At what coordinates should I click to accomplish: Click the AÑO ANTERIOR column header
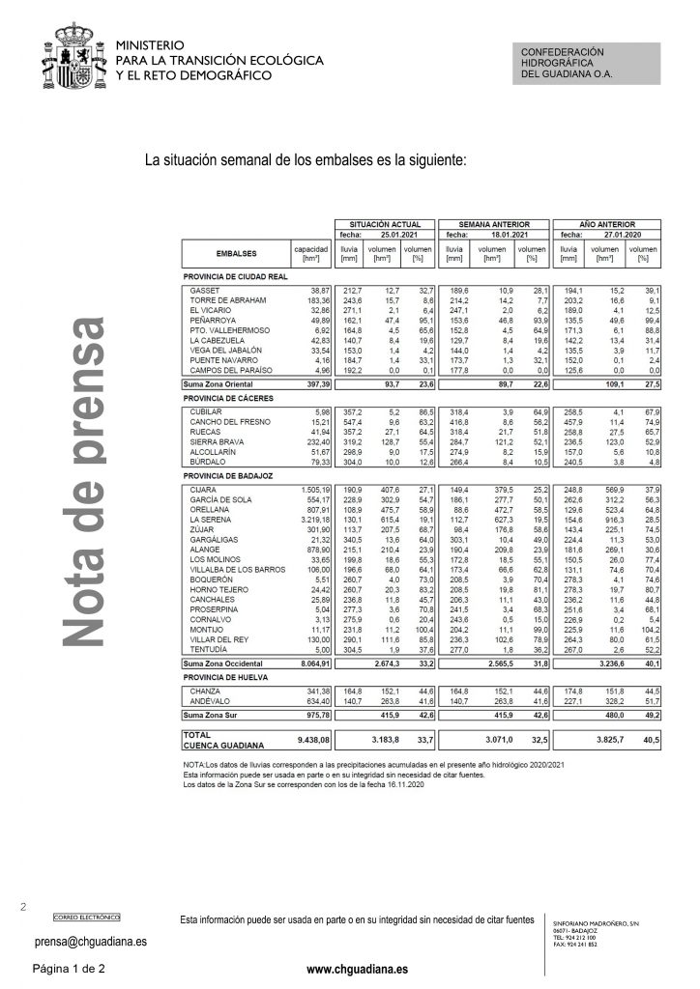pyautogui.click(x=605, y=223)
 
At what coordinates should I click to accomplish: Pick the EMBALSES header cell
pyautogui.click(x=236, y=253)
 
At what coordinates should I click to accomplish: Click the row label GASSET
pyautogui.click(x=205, y=291)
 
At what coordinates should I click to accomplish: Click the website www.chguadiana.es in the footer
pyautogui.click(x=349, y=968)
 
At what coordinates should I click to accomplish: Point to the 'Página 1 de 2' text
pyautogui.click(x=69, y=968)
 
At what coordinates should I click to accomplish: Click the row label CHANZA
pyautogui.click(x=206, y=693)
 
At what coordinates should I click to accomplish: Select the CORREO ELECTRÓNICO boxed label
pyautogui.click(x=87, y=916)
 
